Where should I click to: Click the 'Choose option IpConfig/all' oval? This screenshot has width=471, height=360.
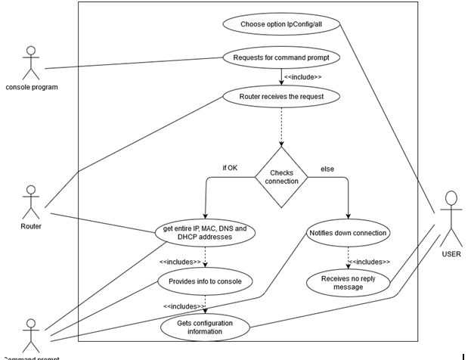[280, 23]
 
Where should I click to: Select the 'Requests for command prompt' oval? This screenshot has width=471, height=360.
[280, 57]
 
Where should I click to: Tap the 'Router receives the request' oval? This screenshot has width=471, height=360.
[280, 96]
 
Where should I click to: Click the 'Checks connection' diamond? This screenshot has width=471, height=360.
[281, 178]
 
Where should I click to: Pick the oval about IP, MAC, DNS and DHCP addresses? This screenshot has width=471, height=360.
[205, 232]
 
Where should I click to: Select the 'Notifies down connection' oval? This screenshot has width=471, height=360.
[349, 232]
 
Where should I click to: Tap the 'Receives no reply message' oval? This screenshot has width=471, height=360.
[347, 282]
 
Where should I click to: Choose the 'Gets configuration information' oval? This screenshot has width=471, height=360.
[205, 327]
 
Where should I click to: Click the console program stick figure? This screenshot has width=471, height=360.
[31, 62]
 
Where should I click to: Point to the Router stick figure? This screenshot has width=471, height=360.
[30, 201]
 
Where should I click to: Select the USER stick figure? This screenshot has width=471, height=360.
[451, 219]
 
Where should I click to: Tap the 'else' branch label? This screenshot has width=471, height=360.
[328, 169]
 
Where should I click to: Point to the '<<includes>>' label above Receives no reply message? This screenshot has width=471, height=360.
[368, 262]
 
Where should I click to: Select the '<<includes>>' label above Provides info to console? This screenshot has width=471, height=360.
[180, 262]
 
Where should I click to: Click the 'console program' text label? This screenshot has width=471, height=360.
[32, 86]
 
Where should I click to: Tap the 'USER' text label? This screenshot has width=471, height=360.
[451, 254]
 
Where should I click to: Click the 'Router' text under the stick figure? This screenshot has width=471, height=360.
[31, 225]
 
